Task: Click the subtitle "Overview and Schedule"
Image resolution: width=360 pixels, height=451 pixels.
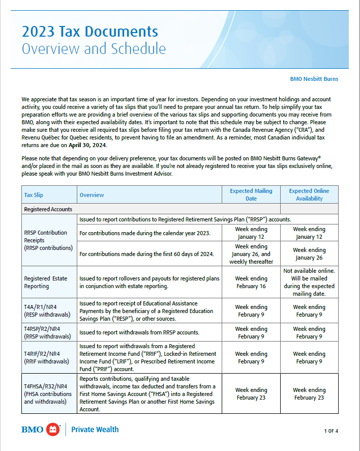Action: tap(94, 48)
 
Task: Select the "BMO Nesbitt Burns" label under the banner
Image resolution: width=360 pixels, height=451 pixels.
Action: tap(314, 79)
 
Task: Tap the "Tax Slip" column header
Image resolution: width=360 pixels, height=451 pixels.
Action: tap(35, 195)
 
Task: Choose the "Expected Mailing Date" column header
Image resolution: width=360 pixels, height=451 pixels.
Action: tap(251, 194)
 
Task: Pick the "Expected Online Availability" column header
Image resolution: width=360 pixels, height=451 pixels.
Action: tap(309, 194)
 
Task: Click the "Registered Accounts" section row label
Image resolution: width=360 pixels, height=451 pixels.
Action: tap(48, 209)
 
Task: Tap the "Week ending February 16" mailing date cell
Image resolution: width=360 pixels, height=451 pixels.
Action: tap(251, 282)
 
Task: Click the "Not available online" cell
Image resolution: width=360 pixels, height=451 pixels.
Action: tap(309, 282)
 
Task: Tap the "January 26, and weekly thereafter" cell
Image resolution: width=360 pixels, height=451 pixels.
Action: tap(251, 254)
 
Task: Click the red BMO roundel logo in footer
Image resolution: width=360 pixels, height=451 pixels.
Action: tap(53, 430)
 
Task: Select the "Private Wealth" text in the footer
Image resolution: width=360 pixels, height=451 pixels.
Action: tap(95, 430)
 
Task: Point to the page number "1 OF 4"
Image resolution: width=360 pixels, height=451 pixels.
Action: tap(331, 431)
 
